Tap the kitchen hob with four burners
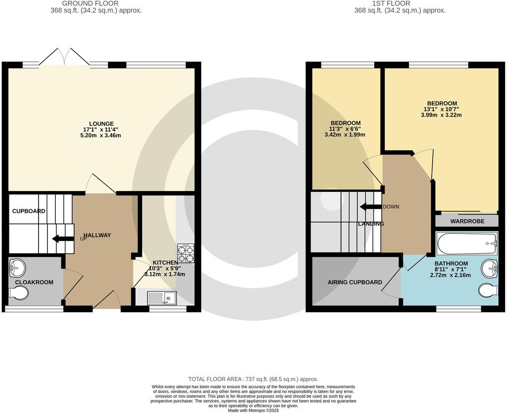[186, 253]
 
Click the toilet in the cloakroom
[19, 293]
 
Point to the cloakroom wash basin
[17, 268]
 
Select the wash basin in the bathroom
[490, 269]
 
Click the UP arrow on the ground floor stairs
[63, 239]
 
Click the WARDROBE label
[467, 221]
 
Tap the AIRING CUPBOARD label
[355, 282]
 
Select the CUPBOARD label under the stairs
[29, 211]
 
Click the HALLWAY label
[97, 235]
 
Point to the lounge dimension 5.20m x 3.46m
[100, 135]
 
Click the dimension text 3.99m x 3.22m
[441, 115]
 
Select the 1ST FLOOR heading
[399, 4]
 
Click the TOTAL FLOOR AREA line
[253, 379]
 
